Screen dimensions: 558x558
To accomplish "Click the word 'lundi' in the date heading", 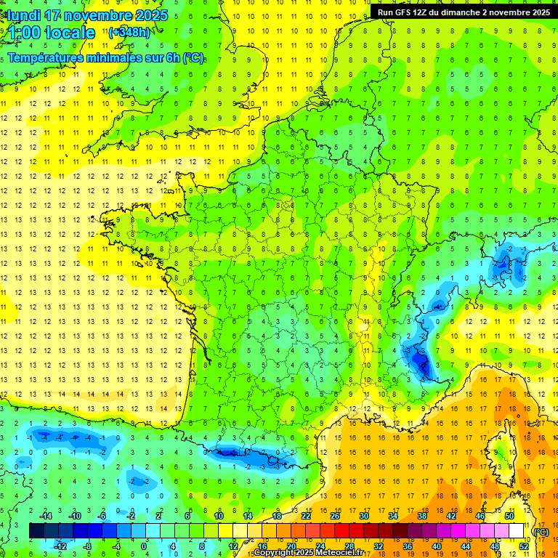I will [x=24, y=15].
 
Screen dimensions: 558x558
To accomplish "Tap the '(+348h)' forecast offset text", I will [x=129, y=33].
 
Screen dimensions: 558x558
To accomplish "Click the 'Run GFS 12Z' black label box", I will [x=464, y=12].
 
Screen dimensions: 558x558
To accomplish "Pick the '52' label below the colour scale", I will [x=523, y=546].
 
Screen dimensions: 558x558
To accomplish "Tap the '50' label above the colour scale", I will [x=509, y=516].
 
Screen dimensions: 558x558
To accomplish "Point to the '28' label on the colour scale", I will [x=349, y=546].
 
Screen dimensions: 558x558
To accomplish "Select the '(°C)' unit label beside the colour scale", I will [x=541, y=532].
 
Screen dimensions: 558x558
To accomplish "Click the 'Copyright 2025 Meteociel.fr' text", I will [x=309, y=553].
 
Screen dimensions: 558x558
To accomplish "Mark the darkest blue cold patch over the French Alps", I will [x=420, y=360].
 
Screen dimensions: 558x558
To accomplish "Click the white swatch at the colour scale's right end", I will [x=516, y=531].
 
